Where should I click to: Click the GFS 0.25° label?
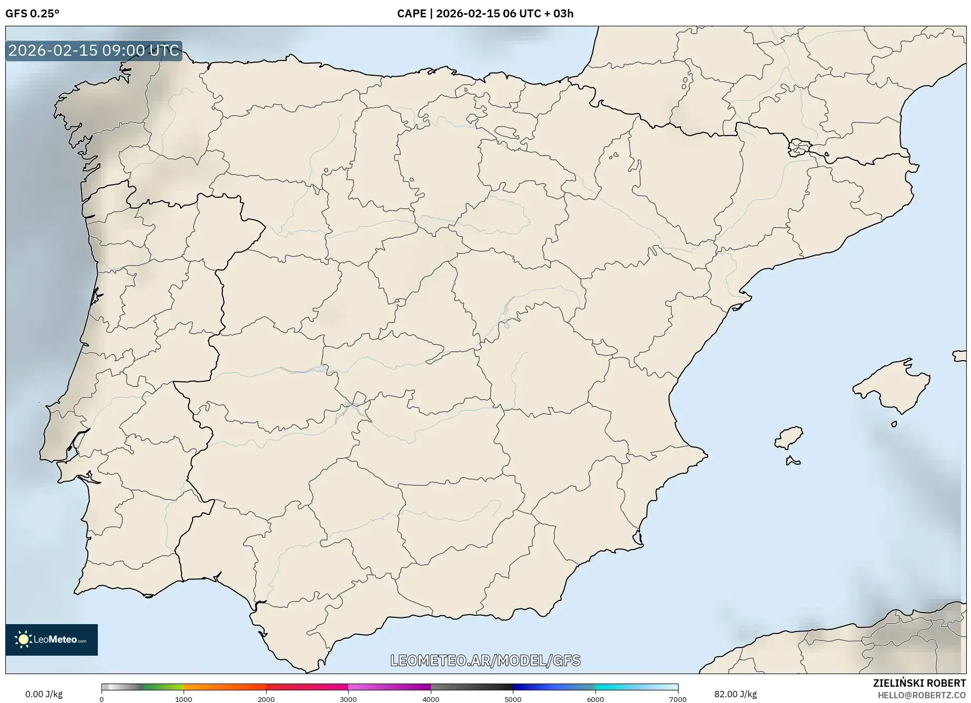coord(32,14)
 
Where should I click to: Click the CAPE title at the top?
coord(485,14)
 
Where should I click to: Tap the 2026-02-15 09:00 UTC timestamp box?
coord(94,50)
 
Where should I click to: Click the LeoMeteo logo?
coord(52,639)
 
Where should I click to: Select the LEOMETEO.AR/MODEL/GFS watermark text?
coord(485,660)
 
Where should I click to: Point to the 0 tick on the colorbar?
coord(102,699)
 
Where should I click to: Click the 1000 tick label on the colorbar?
coord(184,699)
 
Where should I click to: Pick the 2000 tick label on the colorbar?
coord(266,699)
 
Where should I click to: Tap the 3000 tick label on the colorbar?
coord(348,699)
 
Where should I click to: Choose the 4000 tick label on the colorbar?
coord(431,699)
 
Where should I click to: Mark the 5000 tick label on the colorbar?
coord(513,699)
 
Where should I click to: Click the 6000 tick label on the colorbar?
coord(595,699)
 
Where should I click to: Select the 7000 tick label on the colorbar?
coord(677,699)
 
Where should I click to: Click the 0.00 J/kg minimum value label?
coord(44,694)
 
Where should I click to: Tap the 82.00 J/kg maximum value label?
coord(735,694)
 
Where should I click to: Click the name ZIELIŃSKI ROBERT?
coord(919,683)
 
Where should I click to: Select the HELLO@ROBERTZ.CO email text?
coord(922,695)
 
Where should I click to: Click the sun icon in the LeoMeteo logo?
coord(23,639)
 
